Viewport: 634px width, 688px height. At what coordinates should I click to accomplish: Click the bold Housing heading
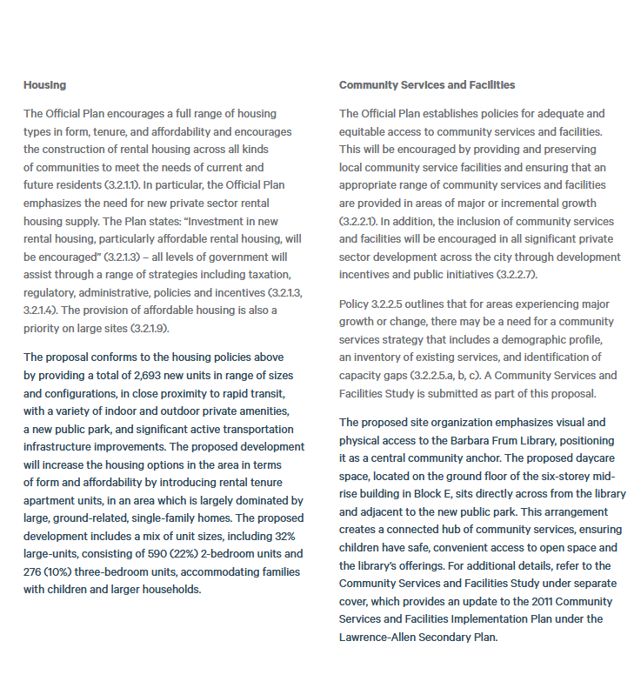[x=44, y=85]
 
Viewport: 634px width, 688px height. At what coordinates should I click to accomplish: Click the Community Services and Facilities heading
[x=426, y=85]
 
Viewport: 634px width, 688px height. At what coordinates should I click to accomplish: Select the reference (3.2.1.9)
[x=150, y=327]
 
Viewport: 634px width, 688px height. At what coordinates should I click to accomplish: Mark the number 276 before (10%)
[x=35, y=571]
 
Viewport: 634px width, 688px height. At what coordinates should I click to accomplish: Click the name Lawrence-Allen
[x=375, y=637]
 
